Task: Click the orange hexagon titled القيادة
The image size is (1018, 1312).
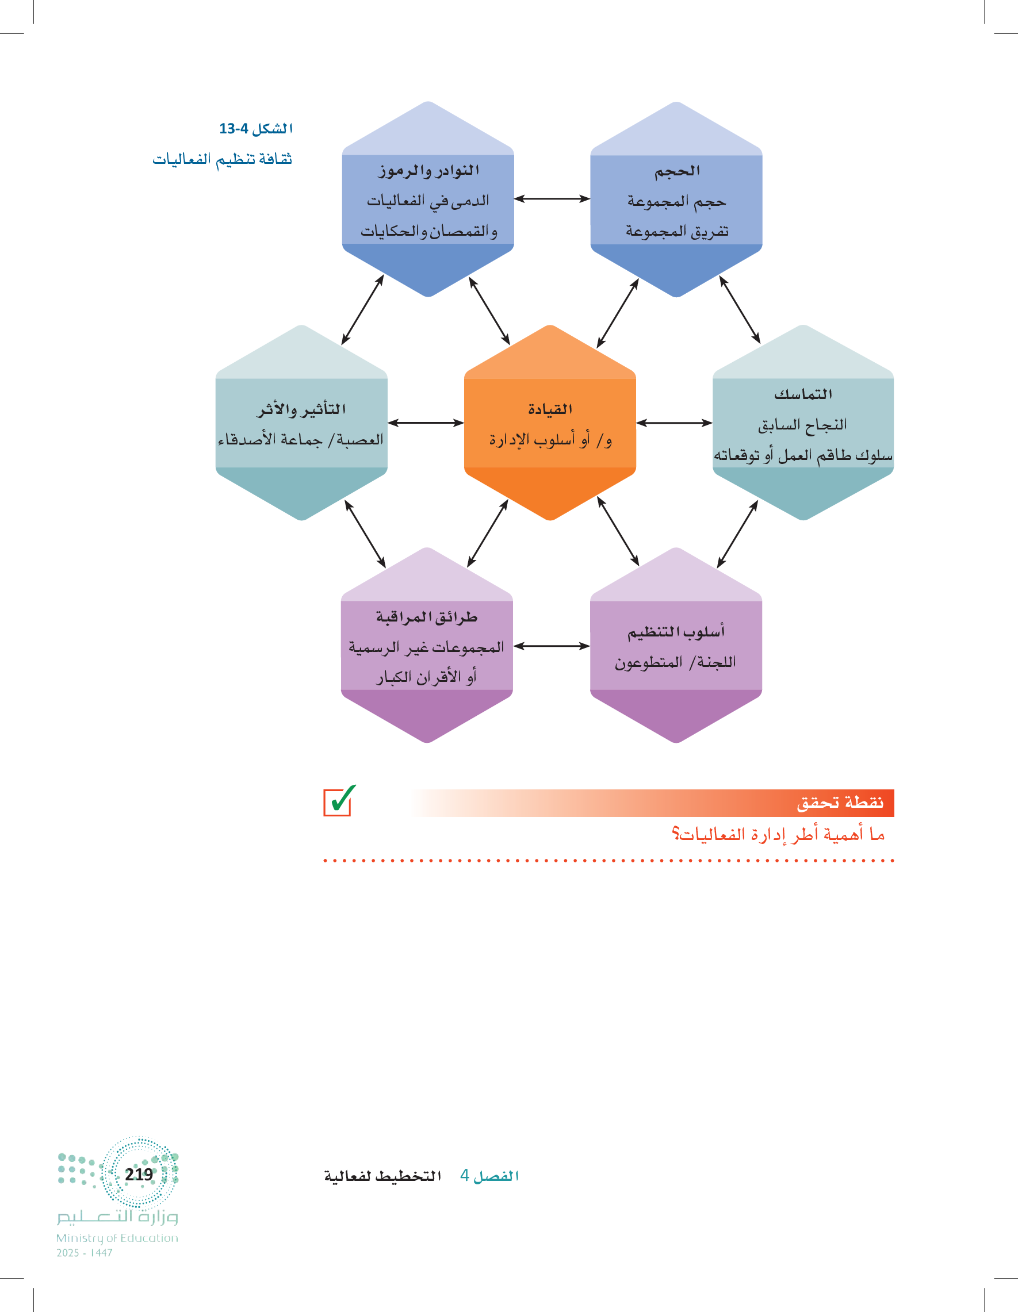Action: tap(550, 423)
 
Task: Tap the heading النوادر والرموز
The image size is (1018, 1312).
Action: tap(428, 171)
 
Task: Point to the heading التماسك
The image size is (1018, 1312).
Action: tap(803, 394)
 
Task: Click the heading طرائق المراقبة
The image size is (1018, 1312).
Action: tap(427, 617)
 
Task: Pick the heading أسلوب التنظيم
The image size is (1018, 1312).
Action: tap(676, 631)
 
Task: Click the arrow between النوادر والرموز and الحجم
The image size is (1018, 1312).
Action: tap(552, 198)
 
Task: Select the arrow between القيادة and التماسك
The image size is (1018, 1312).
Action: tap(674, 423)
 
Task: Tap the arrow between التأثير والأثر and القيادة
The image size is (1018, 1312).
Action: tap(426, 423)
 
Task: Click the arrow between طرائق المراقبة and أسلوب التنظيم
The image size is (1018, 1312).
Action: tap(552, 646)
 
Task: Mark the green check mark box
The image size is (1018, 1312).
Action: tap(339, 800)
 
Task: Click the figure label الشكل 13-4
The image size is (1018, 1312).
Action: tap(256, 129)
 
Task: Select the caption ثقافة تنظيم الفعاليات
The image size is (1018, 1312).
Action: tap(223, 159)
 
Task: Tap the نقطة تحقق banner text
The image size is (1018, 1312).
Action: tap(840, 803)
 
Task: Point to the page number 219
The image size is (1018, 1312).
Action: tap(139, 1174)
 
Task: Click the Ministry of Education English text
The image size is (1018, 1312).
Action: tap(117, 1238)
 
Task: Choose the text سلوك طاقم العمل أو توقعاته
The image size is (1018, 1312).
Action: tap(803, 455)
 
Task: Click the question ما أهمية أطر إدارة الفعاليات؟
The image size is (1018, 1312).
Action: tap(778, 834)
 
